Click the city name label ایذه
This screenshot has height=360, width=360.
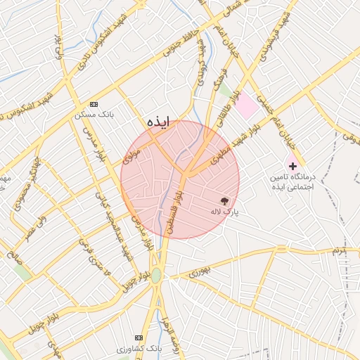tap(159, 122)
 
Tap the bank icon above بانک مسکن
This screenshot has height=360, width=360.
tap(95, 103)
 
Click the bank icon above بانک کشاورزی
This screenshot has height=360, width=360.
tap(138, 338)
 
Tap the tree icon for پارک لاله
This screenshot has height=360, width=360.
tap(225, 201)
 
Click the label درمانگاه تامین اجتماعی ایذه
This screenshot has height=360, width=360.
tap(292, 183)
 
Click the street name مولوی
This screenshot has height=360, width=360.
tap(132, 155)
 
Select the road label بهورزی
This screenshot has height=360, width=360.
tap(199, 271)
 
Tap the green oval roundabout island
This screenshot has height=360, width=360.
tap(156, 276)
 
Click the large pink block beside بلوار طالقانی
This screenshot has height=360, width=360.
tap(246, 106)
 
